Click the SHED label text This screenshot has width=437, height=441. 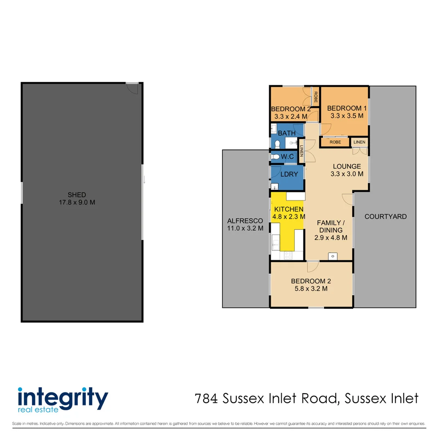(77, 195)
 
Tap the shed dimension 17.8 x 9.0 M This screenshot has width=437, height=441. (77, 202)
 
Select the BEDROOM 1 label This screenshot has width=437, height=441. (347, 108)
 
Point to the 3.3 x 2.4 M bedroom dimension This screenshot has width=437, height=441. (290, 116)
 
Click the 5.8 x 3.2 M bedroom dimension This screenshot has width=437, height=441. (311, 289)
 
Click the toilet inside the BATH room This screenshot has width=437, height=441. (278, 143)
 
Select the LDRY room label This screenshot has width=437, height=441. (288, 174)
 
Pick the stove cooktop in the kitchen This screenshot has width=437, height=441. (288, 255)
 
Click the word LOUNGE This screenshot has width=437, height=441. (347, 166)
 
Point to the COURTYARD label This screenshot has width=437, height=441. (385, 216)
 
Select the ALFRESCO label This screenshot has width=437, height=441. (245, 220)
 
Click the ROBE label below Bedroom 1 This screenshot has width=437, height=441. (335, 142)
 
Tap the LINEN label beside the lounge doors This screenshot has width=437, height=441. (359, 142)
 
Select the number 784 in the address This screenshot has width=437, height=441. (206, 398)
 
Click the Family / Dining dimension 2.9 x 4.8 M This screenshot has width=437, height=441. (331, 238)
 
